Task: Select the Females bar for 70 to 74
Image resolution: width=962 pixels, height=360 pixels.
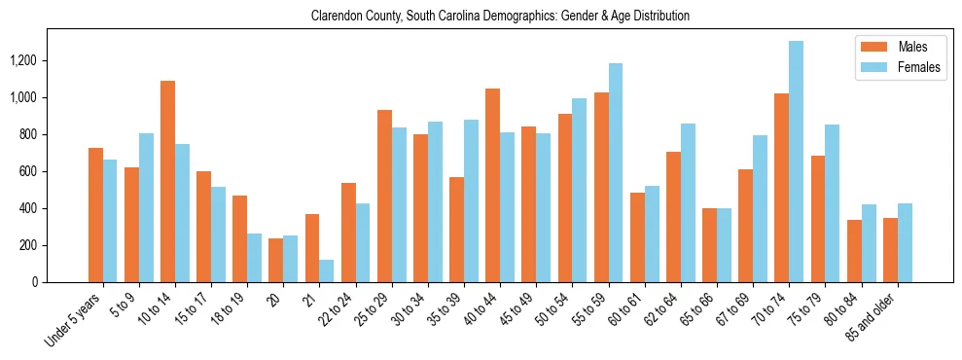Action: tap(796, 162)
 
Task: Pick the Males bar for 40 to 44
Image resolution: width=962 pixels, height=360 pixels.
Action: tap(492, 186)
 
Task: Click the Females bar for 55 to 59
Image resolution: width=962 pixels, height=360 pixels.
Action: tap(615, 173)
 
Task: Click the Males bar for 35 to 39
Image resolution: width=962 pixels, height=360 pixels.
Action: tap(456, 230)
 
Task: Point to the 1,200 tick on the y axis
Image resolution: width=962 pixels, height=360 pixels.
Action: tap(49, 60)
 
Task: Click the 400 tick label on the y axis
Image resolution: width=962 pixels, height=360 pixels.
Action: tap(54, 208)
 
